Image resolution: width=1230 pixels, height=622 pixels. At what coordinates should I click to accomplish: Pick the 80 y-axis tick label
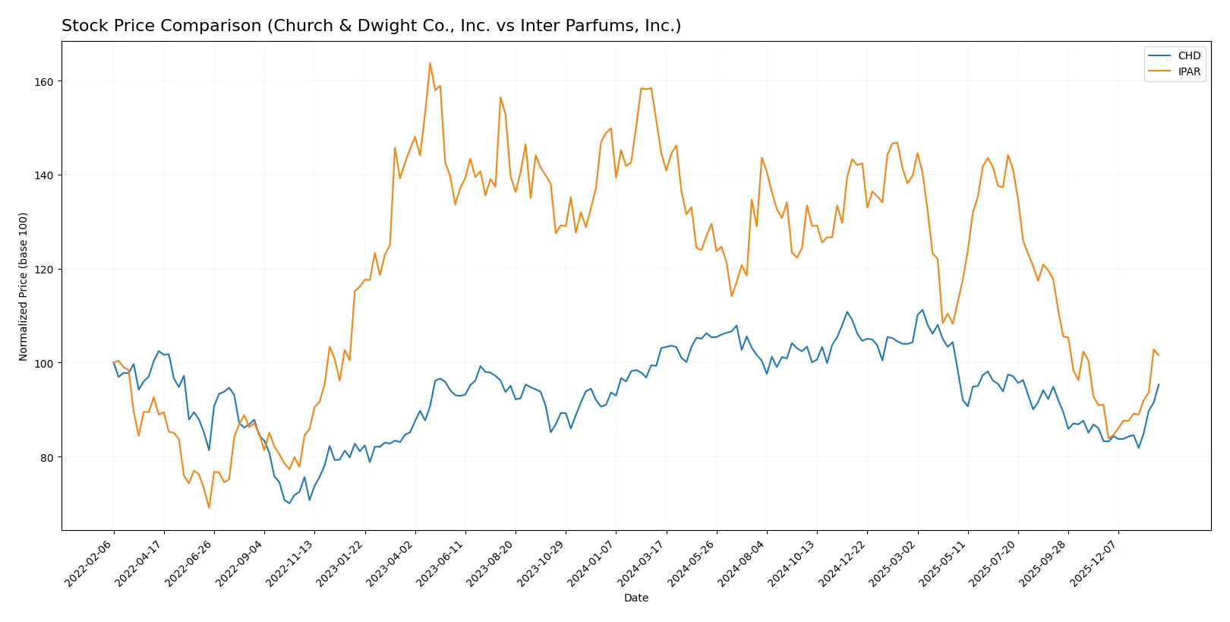46,457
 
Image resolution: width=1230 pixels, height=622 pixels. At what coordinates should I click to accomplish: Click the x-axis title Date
635,598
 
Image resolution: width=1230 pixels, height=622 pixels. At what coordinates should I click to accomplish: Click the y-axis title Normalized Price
23,286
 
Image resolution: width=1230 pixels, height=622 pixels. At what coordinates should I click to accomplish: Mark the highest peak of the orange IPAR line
430,63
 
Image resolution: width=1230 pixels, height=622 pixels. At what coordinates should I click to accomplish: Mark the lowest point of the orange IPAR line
209,507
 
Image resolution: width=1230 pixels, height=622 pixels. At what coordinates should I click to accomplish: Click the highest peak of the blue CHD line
922,310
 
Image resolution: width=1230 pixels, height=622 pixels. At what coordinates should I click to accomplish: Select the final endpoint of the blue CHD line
1158,384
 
